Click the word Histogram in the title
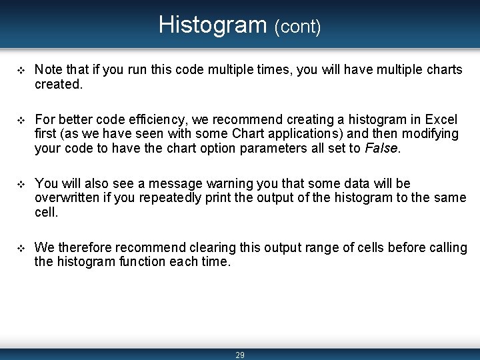point(213,25)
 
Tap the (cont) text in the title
point(297,27)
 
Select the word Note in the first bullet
point(48,70)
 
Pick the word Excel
point(441,120)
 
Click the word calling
point(448,248)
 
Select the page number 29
point(240,355)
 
